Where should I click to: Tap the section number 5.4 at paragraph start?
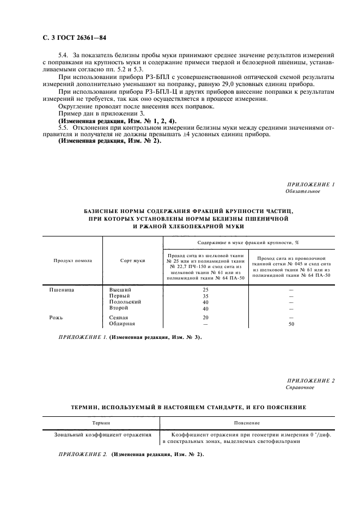pyautogui.click(x=64, y=56)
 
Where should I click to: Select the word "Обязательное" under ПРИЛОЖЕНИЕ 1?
pyautogui.click(x=302, y=192)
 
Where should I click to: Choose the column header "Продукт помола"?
pyautogui.click(x=72, y=260)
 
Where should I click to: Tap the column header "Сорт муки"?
pyautogui.click(x=132, y=260)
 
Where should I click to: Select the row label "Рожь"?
pyautogui.click(x=57, y=317)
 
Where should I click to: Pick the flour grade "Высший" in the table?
pyautogui.click(x=120, y=290)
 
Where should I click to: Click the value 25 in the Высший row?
pyautogui.click(x=205, y=290)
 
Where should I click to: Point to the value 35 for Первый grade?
pyautogui.click(x=205, y=296)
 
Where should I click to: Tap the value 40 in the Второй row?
pyautogui.click(x=205, y=308)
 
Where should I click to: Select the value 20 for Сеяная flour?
pyautogui.click(x=205, y=317)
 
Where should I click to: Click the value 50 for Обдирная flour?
pyautogui.click(x=291, y=324)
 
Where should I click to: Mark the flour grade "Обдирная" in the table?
pyautogui.click(x=123, y=324)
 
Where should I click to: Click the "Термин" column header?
pyautogui.click(x=101, y=423)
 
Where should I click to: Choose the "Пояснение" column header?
pyautogui.click(x=247, y=423)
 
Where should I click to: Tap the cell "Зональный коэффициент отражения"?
pyautogui.click(x=102, y=435)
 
